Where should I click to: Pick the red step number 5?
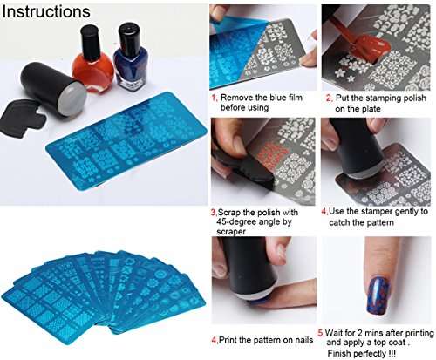click(x=320, y=332)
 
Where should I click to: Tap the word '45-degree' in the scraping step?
click(x=235, y=221)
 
